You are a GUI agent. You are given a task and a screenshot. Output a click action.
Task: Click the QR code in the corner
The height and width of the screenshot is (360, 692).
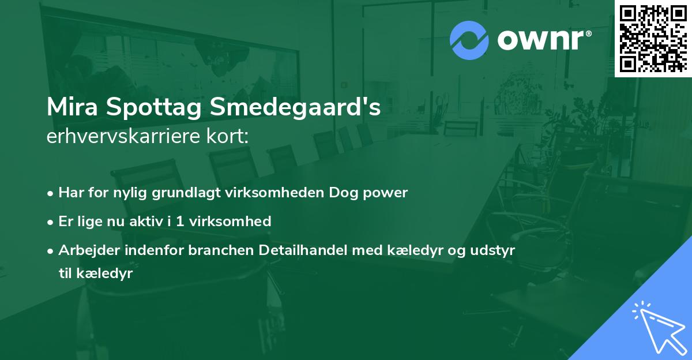[653, 38]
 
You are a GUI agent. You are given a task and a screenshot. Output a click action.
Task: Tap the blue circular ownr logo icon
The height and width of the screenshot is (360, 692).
[469, 40]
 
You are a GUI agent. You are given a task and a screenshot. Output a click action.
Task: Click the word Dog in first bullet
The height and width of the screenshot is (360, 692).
[343, 193]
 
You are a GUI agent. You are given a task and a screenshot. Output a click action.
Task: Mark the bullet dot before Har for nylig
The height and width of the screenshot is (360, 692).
[51, 193]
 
